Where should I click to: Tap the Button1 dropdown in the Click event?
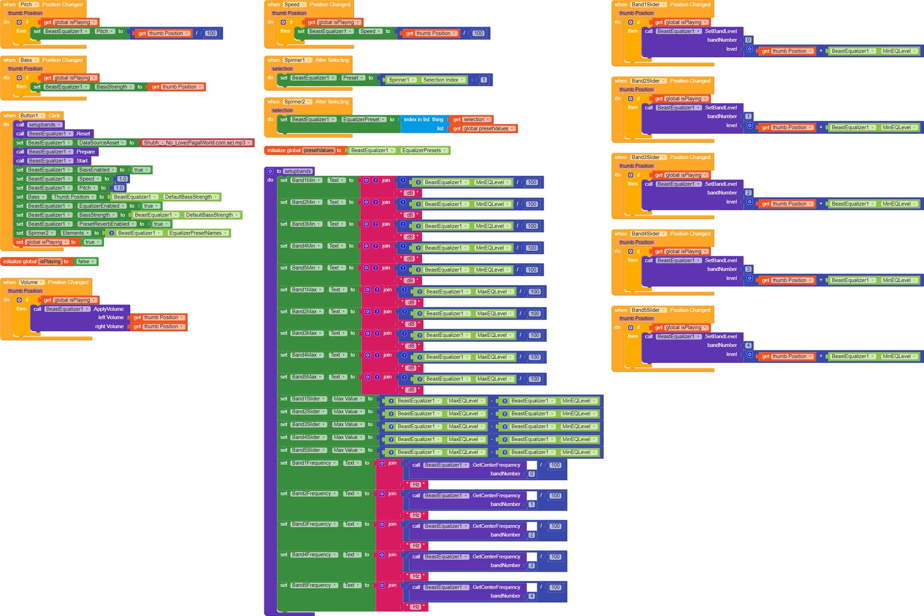click(x=31, y=116)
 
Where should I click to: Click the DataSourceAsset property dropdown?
click(x=101, y=143)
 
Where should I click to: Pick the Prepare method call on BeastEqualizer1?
click(x=85, y=152)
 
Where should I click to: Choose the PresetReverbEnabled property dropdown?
click(x=106, y=224)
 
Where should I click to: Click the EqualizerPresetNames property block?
click(x=197, y=233)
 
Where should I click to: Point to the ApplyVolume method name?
click(x=108, y=309)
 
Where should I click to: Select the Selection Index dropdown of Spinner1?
click(x=443, y=80)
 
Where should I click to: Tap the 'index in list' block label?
click(x=417, y=120)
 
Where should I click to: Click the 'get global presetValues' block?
click(x=483, y=129)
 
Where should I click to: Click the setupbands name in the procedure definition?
click(x=297, y=171)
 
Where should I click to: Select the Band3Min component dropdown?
click(x=306, y=224)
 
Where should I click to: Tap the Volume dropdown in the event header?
click(x=31, y=282)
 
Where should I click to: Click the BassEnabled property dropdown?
click(x=97, y=170)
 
